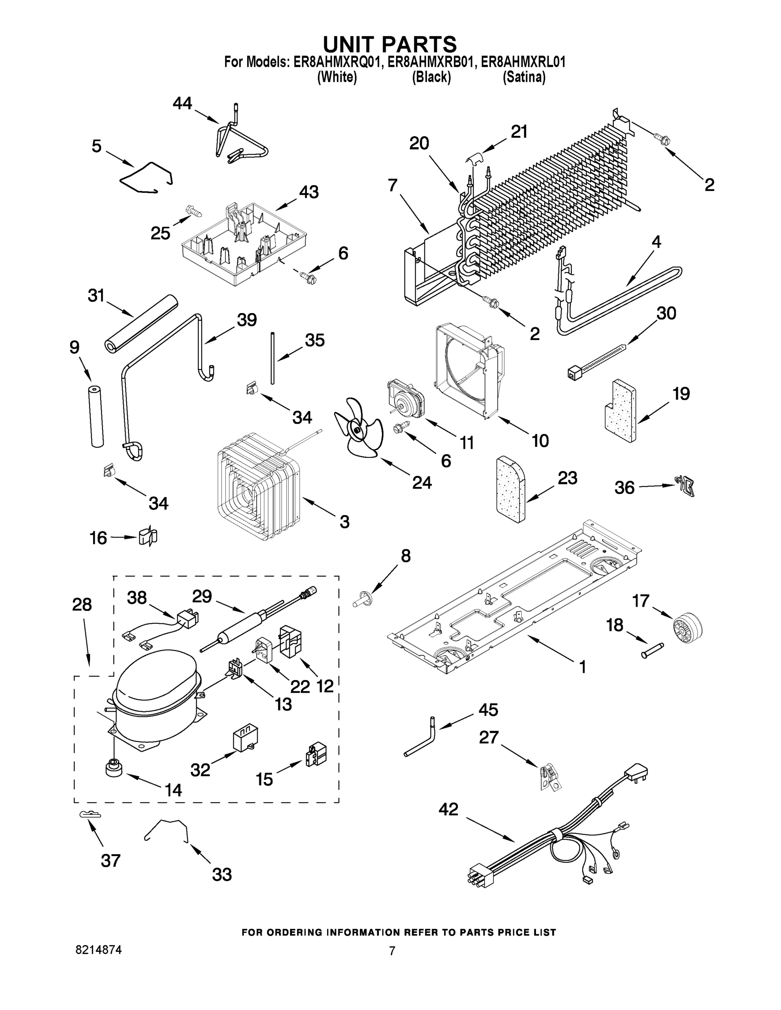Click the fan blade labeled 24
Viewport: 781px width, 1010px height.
pyautogui.click(x=359, y=428)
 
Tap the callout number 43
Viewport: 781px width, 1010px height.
pyautogui.click(x=309, y=191)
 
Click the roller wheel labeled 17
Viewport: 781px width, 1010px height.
pyautogui.click(x=687, y=627)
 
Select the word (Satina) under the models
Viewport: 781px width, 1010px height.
pyautogui.click(x=524, y=77)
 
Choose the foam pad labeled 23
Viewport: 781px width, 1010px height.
pyautogui.click(x=510, y=489)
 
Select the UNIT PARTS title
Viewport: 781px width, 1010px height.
pyautogui.click(x=389, y=44)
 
